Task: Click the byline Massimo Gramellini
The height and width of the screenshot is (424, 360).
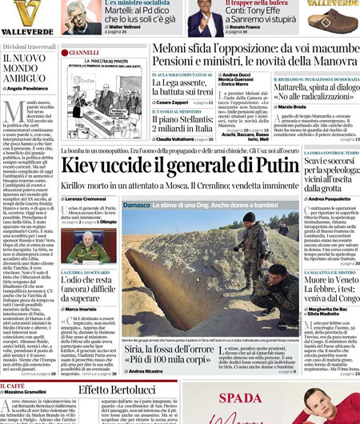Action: [31, 391]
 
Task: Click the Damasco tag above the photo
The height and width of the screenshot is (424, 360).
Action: [136, 206]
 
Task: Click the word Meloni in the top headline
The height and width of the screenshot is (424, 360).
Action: [151, 49]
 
